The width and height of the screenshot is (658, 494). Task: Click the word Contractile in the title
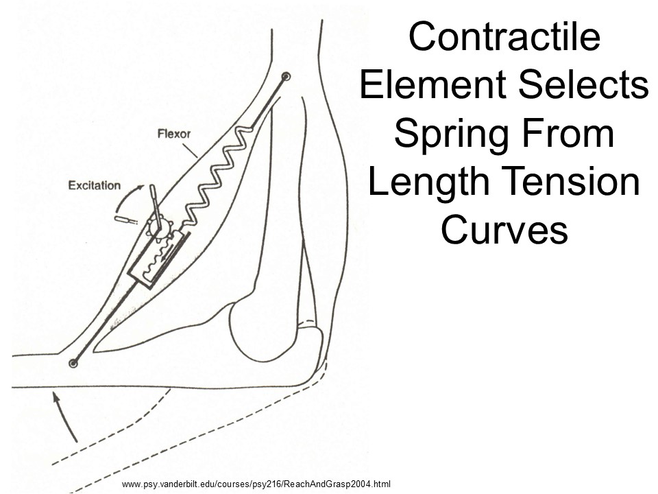(x=504, y=38)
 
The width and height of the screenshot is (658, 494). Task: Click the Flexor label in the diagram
(x=173, y=133)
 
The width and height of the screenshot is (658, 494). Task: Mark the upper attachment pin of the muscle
(x=287, y=77)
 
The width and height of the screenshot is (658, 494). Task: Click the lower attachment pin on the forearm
(x=73, y=362)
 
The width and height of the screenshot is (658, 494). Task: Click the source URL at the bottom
(x=256, y=483)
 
